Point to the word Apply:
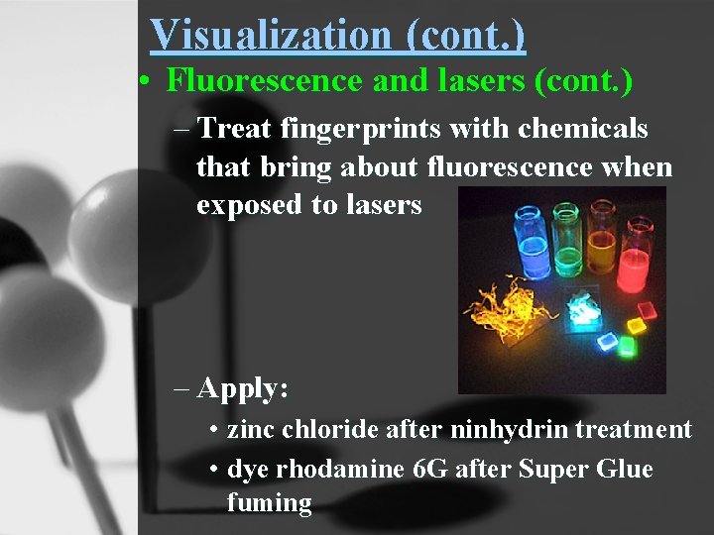point(243,388)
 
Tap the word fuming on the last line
point(269,503)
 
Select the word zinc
point(249,430)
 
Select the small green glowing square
point(626,348)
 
